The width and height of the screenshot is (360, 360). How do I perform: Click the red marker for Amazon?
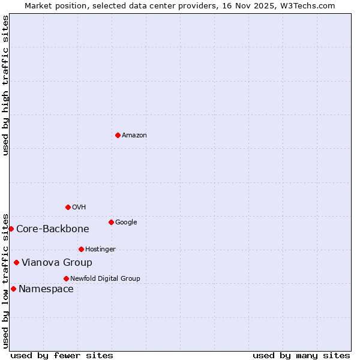[118, 135]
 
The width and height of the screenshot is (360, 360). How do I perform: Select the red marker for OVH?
[68, 207]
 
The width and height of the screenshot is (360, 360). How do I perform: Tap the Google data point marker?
[111, 222]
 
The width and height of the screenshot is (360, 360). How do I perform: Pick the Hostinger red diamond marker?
[81, 249]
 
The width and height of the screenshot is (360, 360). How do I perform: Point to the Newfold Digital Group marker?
[66, 278]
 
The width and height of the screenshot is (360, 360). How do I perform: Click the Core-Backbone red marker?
[11, 229]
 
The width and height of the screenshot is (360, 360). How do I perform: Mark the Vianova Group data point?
[16, 262]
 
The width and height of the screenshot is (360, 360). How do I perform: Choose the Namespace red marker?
[13, 289]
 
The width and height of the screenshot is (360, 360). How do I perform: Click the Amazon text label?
[134, 136]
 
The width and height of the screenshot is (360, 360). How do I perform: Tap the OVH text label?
[79, 208]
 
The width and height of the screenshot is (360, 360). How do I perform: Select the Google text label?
[126, 223]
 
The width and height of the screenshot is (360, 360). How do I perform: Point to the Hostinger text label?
[100, 250]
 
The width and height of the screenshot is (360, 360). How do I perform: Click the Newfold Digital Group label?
[105, 279]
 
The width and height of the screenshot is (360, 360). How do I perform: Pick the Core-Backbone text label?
[53, 229]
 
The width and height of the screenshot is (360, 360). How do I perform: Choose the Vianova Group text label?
[57, 263]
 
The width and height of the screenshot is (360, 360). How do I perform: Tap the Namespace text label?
[46, 289]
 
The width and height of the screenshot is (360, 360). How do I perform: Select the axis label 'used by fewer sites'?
[62, 355]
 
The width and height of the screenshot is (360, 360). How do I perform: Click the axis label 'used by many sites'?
[301, 355]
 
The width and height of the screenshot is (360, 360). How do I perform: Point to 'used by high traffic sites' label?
[6, 85]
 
